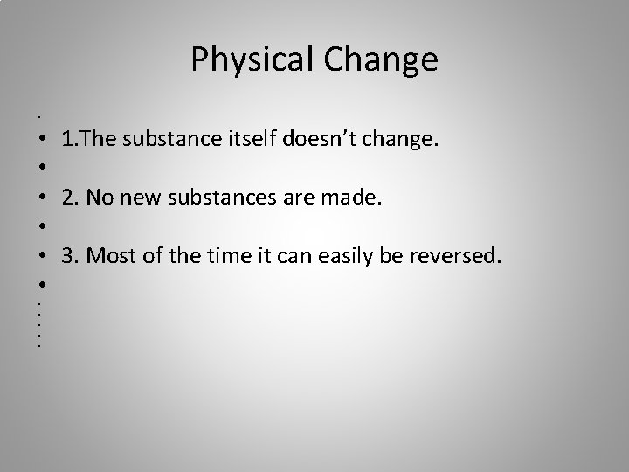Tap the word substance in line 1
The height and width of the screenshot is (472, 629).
(174, 139)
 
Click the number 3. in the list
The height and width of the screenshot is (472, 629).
(68, 256)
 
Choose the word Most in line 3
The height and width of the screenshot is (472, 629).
(109, 256)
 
